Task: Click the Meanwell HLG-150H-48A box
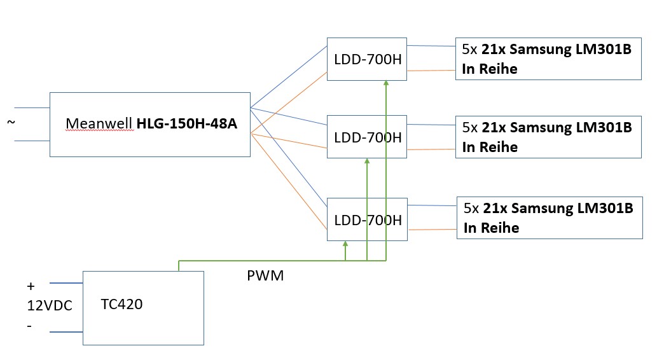[x=150, y=125]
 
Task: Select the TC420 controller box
[x=143, y=308]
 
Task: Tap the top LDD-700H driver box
[x=367, y=59]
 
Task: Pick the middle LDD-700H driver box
[x=367, y=136]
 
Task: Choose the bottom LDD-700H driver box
[x=367, y=219]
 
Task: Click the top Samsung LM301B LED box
[x=548, y=59]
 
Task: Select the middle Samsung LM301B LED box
[x=548, y=137]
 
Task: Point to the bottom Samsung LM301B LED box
[x=550, y=218]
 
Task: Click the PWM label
[x=265, y=277]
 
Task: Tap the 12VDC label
[x=50, y=305]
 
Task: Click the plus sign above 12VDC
[x=31, y=286]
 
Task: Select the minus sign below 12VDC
[x=29, y=325]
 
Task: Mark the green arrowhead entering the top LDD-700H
[x=386, y=83]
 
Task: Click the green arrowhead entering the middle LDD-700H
[x=367, y=162]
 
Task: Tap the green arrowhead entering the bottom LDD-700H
[x=345, y=244]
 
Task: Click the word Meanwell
[x=100, y=124]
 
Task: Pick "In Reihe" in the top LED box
[x=490, y=69]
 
